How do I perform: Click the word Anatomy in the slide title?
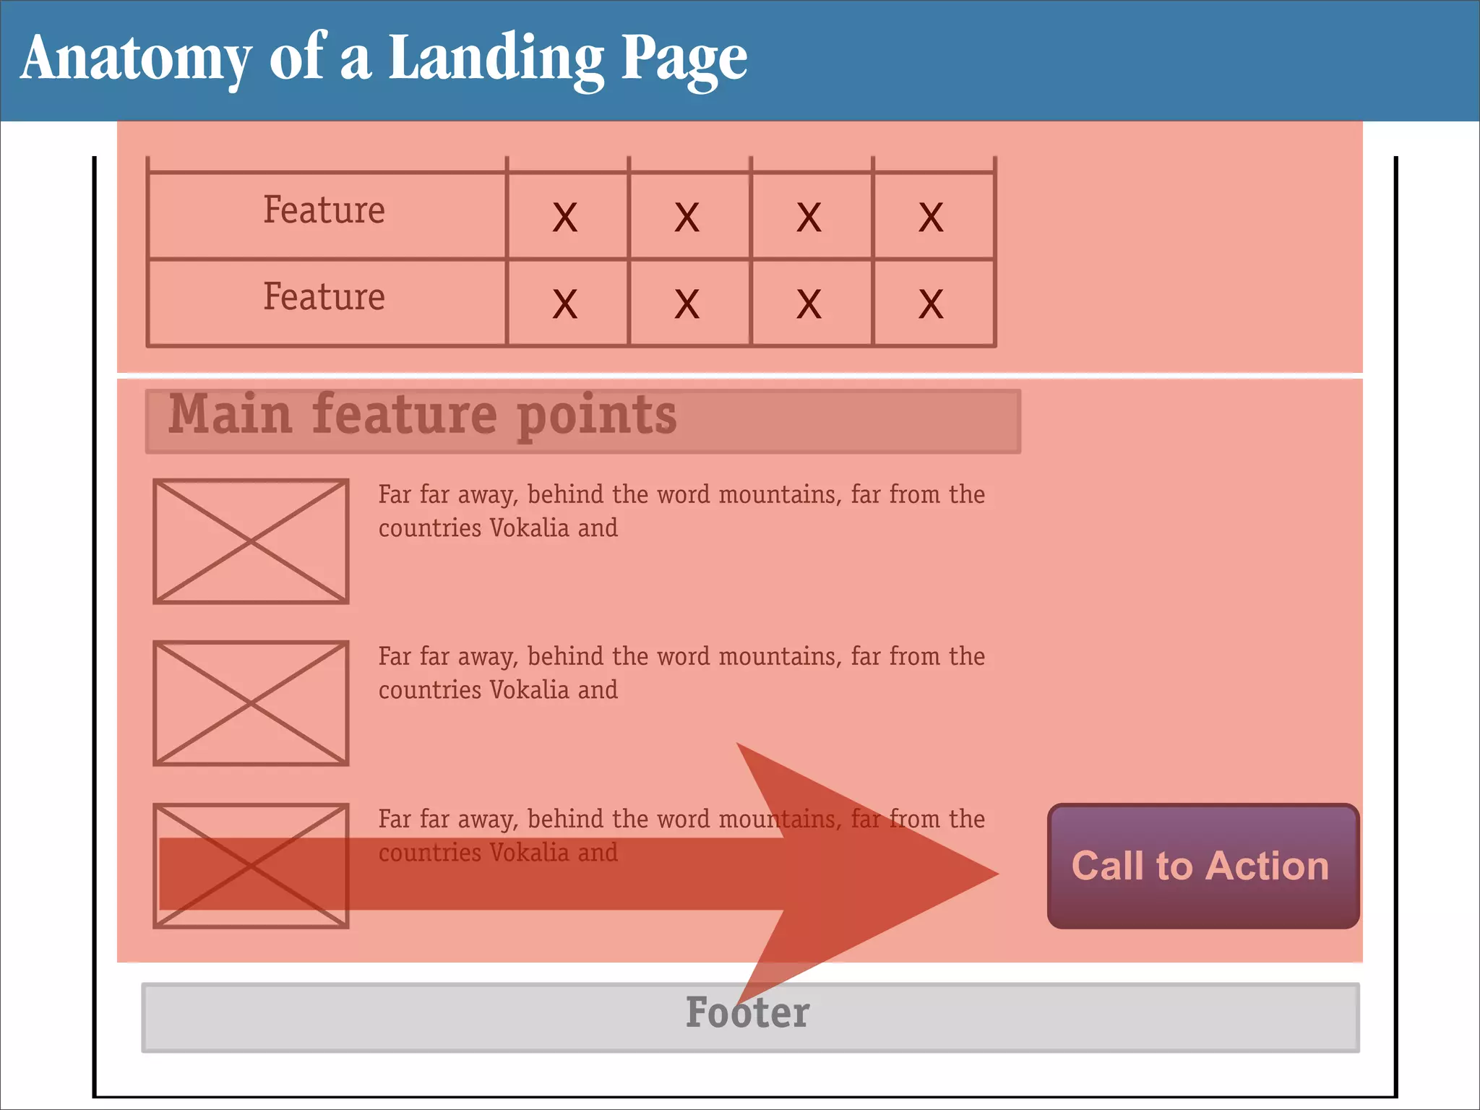[136, 58]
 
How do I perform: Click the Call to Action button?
[1202, 866]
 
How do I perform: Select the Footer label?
[747, 1013]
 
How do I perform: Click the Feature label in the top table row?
[324, 210]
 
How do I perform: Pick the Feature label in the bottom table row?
[324, 297]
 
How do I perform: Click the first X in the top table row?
[565, 217]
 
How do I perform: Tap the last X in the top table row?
[931, 217]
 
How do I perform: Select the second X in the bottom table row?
[687, 304]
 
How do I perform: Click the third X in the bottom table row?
[809, 304]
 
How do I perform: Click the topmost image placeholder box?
[251, 541]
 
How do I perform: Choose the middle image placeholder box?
[251, 702]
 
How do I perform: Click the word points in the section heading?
[597, 416]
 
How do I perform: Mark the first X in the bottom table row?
[565, 304]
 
